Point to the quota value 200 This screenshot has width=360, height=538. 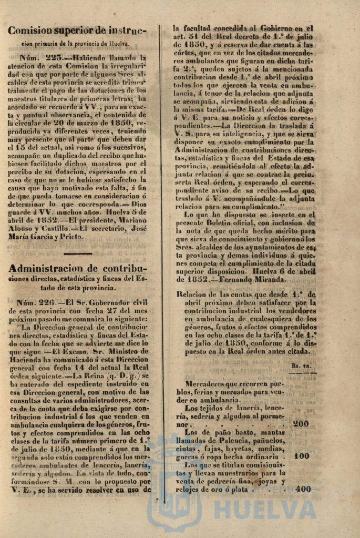coord(301,424)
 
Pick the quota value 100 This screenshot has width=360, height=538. coord(301,456)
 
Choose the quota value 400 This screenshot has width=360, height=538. coord(303,489)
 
